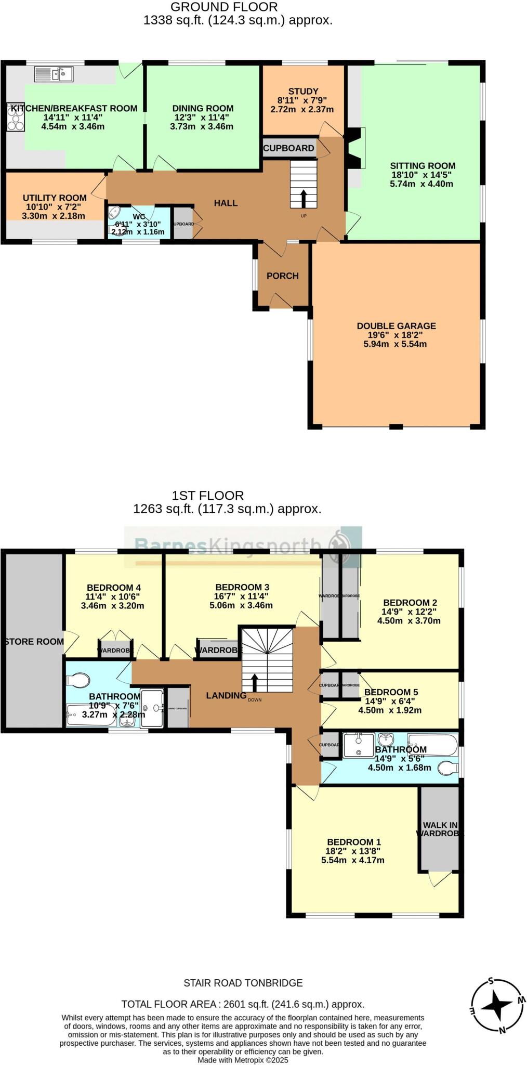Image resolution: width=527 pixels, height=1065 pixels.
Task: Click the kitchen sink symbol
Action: [x=54, y=74]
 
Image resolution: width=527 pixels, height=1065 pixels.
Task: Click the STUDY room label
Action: [x=303, y=91]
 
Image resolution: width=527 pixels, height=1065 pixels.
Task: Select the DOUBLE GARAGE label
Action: [x=396, y=326]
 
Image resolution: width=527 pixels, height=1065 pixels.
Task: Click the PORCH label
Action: [x=282, y=276]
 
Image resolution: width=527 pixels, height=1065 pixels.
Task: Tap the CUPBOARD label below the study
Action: [x=288, y=148]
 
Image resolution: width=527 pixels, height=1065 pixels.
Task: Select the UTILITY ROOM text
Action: [x=55, y=198]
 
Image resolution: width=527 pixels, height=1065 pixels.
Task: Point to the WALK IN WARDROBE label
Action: [x=440, y=829]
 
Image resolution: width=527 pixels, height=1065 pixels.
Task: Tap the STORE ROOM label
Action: [x=34, y=642]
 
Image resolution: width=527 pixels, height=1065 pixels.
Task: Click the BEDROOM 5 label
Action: [x=391, y=692]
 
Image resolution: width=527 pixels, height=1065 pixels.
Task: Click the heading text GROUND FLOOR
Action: [x=224, y=7]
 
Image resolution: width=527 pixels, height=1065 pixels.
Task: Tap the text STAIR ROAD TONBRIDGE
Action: [x=243, y=983]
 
